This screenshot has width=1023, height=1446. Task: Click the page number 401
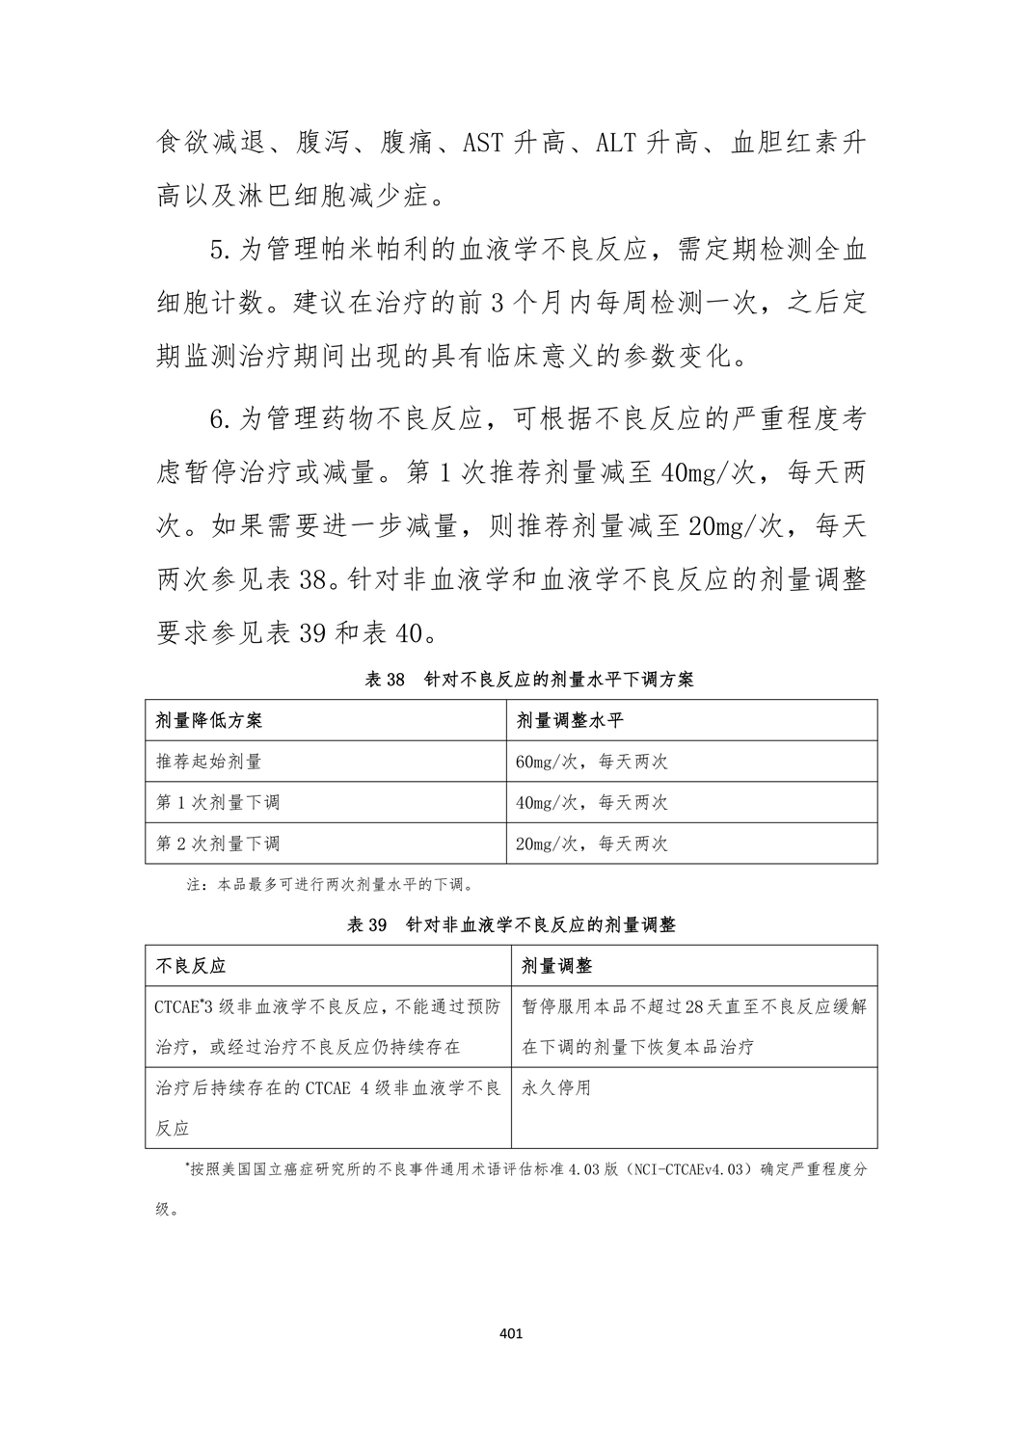[511, 1334]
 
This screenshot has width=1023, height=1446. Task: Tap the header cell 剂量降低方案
[209, 720]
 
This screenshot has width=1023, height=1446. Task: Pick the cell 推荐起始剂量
[209, 762]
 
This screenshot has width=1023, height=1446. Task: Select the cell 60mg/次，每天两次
[591, 762]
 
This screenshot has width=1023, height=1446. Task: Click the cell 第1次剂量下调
[218, 802]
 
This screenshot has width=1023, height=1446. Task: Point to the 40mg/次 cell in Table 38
[591, 802]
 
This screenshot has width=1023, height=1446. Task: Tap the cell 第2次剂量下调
[218, 843]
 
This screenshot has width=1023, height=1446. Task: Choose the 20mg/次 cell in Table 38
[591, 843]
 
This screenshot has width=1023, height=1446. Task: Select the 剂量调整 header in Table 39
[557, 965]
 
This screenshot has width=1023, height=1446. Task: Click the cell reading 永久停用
[556, 1088]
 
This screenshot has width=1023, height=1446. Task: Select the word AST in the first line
[482, 145]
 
